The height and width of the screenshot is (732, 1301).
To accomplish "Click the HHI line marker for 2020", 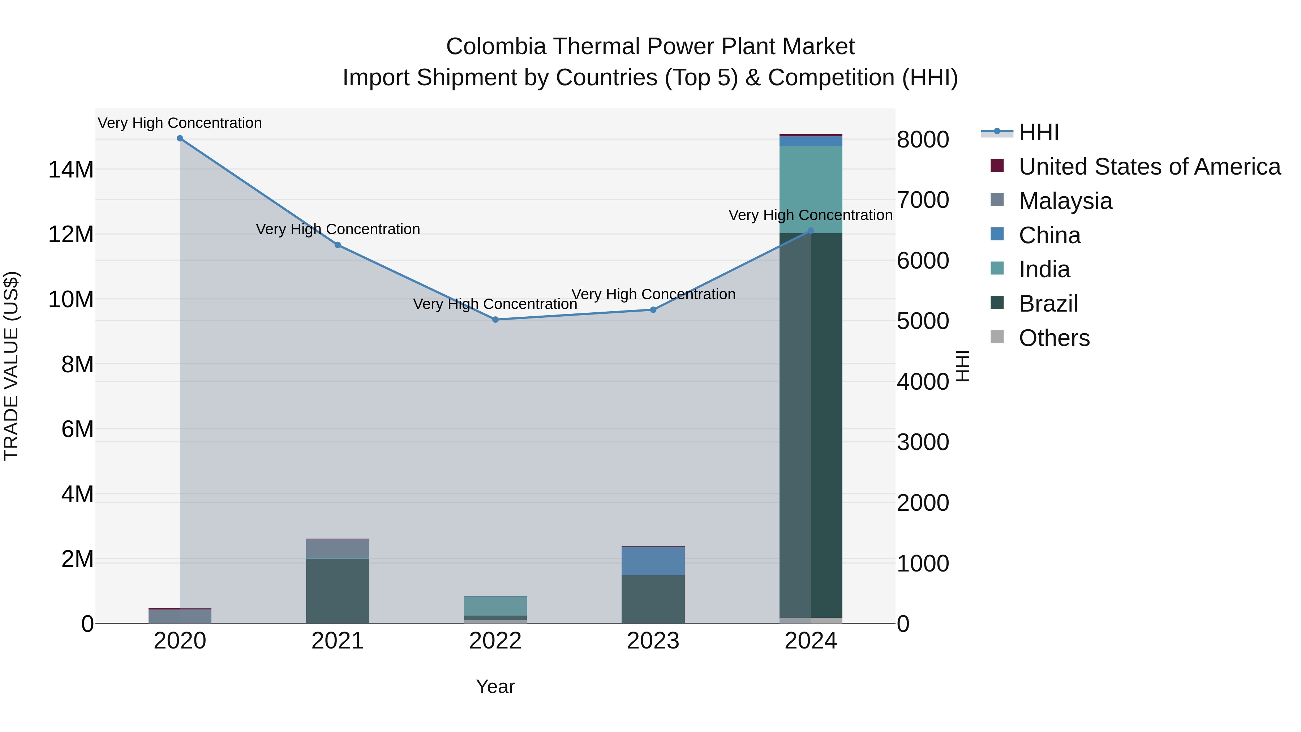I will pos(180,138).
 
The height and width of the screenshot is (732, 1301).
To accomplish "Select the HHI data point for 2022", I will pos(495,320).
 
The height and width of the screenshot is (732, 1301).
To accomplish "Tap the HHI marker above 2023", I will pos(653,310).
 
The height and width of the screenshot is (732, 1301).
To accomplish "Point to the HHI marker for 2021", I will pos(338,245).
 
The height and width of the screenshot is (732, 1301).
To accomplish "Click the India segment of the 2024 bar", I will pos(811,189).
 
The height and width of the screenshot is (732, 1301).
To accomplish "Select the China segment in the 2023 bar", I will pos(653,561).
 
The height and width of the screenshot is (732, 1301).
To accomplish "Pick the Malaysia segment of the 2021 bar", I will pos(338,549).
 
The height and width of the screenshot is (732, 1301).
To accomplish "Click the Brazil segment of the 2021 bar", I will pos(338,591).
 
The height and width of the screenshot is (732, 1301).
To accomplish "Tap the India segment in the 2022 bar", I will pos(495,606).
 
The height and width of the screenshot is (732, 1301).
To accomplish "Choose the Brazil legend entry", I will pos(1048,304).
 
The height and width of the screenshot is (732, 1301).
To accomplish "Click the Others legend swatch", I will pos(997,337).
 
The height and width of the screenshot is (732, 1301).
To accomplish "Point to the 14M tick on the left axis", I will pos(71,170).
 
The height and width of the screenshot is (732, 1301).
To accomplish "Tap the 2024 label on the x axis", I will pos(811,641).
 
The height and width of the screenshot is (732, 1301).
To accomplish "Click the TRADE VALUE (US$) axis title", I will pos(12,366).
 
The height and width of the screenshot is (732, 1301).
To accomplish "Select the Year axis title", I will pos(495,686).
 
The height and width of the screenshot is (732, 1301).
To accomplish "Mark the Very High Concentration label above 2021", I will pos(338,229).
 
